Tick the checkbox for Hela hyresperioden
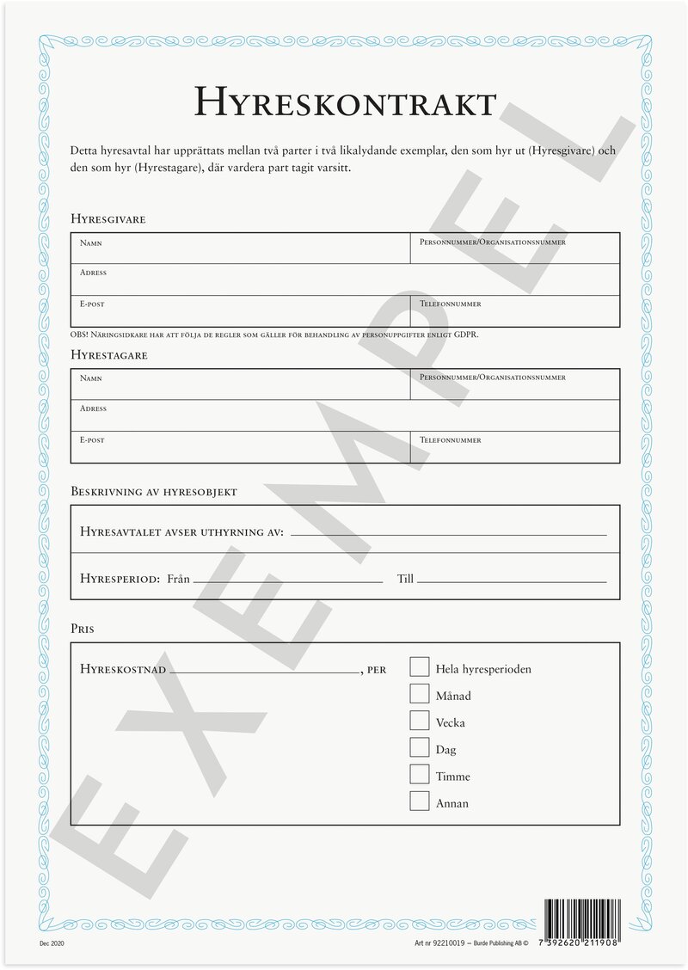point(419,667)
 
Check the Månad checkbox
point(419,694)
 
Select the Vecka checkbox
point(419,721)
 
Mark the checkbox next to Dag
point(419,747)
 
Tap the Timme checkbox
point(419,774)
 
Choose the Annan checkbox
point(419,801)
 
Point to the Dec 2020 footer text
point(52,943)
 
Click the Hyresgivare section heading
point(108,219)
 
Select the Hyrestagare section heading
point(109,354)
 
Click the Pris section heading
point(83,629)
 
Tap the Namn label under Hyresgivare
point(91,243)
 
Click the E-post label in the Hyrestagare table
point(92,440)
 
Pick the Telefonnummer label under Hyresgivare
point(450,304)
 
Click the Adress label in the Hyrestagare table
point(93,408)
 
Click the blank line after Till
point(512,581)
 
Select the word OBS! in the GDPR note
point(79,334)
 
